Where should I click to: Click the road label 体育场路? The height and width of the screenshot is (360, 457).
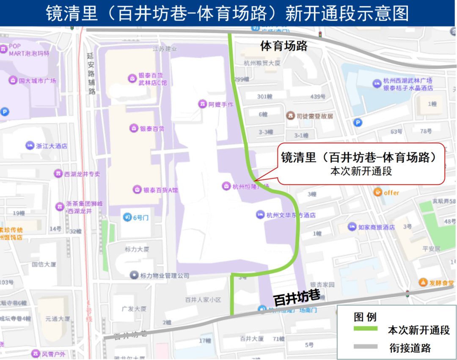(284, 46)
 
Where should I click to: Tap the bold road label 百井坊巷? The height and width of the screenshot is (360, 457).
(297, 298)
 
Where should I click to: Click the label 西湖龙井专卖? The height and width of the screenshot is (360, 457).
(82, 173)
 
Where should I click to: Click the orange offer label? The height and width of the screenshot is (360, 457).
(391, 192)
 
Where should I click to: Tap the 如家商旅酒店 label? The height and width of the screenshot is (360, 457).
(376, 227)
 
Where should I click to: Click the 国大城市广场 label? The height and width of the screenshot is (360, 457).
(37, 80)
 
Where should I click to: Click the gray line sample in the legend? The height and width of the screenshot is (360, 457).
(365, 347)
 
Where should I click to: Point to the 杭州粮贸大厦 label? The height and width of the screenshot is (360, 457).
(262, 63)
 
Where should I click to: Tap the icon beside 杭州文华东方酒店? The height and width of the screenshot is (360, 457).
(260, 215)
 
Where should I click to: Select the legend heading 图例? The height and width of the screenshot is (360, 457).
(365, 317)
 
